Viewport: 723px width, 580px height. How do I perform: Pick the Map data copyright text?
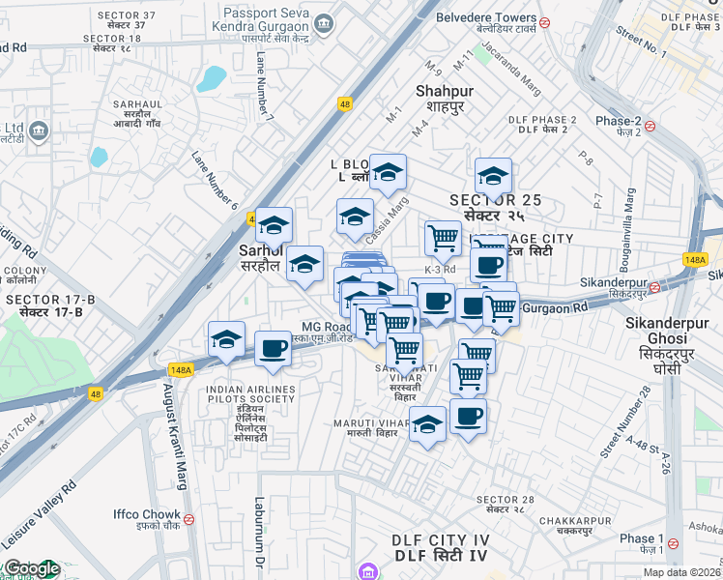point(681,572)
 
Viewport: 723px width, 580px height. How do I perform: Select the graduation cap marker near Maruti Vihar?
point(427,423)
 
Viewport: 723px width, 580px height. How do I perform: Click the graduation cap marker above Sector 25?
point(493,176)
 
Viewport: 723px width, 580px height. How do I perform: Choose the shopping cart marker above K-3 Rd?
point(443,237)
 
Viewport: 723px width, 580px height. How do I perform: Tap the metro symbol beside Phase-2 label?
point(651,126)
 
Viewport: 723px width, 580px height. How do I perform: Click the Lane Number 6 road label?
point(215,180)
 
